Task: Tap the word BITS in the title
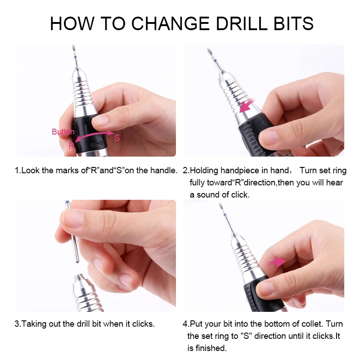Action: click(x=294, y=23)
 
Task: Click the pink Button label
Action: click(x=63, y=132)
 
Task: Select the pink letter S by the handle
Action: click(x=117, y=138)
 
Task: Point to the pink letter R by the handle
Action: click(x=72, y=145)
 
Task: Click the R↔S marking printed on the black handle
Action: click(x=97, y=144)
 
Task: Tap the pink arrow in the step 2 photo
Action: click(x=247, y=106)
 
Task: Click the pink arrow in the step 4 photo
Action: click(x=277, y=261)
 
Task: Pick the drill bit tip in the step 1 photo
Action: click(x=73, y=48)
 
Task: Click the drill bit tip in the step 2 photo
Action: click(x=209, y=51)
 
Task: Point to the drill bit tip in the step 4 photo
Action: click(x=221, y=206)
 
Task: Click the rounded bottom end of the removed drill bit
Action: click(x=77, y=261)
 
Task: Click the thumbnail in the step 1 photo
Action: click(x=100, y=120)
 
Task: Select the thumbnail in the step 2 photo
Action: click(x=269, y=137)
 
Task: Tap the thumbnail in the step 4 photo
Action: click(x=265, y=288)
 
